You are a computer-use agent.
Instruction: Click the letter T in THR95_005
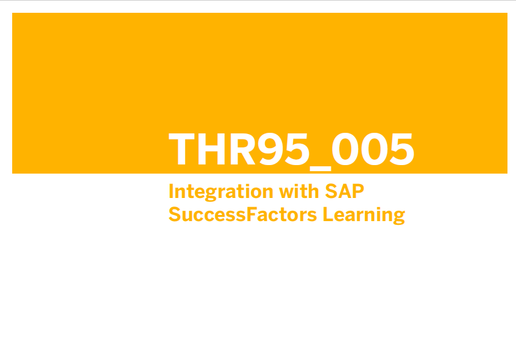[x=182, y=149]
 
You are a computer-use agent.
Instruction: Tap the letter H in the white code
[x=211, y=149]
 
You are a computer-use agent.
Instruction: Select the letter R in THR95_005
[x=242, y=149]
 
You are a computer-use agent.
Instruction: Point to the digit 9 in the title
[x=269, y=149]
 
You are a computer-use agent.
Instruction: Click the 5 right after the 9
[x=297, y=149]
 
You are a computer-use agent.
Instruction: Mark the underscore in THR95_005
[x=320, y=169]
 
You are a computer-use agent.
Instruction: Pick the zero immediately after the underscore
[x=345, y=149]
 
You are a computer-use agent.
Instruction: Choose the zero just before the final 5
[x=374, y=149]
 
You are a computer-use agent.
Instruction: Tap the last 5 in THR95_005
[x=402, y=149]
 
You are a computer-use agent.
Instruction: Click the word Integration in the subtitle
[x=221, y=192]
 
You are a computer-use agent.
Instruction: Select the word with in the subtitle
[x=299, y=191]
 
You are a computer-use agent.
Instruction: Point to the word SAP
[x=345, y=191]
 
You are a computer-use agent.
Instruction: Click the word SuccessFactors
[x=243, y=214]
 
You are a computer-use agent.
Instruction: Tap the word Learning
[x=364, y=216]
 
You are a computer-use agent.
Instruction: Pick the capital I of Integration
[x=171, y=191]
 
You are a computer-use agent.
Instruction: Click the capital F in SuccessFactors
[x=252, y=214]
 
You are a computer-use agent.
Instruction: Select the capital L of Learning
[x=328, y=214]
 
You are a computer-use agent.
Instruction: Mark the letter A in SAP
[x=344, y=191]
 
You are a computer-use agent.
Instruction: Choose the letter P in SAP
[x=358, y=191]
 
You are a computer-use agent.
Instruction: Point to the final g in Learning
[x=399, y=218]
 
